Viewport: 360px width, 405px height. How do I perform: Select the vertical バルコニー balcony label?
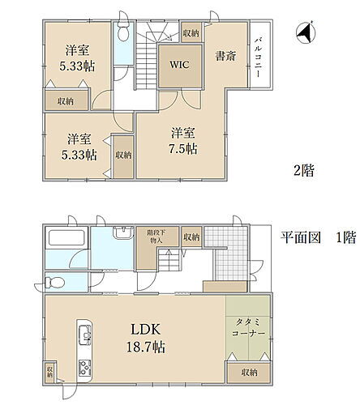[257, 57]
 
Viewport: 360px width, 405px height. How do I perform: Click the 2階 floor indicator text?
[303, 171]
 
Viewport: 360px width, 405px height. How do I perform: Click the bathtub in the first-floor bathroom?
[64, 241]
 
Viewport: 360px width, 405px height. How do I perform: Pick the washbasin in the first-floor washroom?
[121, 234]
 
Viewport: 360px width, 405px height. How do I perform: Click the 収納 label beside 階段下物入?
[191, 237]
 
